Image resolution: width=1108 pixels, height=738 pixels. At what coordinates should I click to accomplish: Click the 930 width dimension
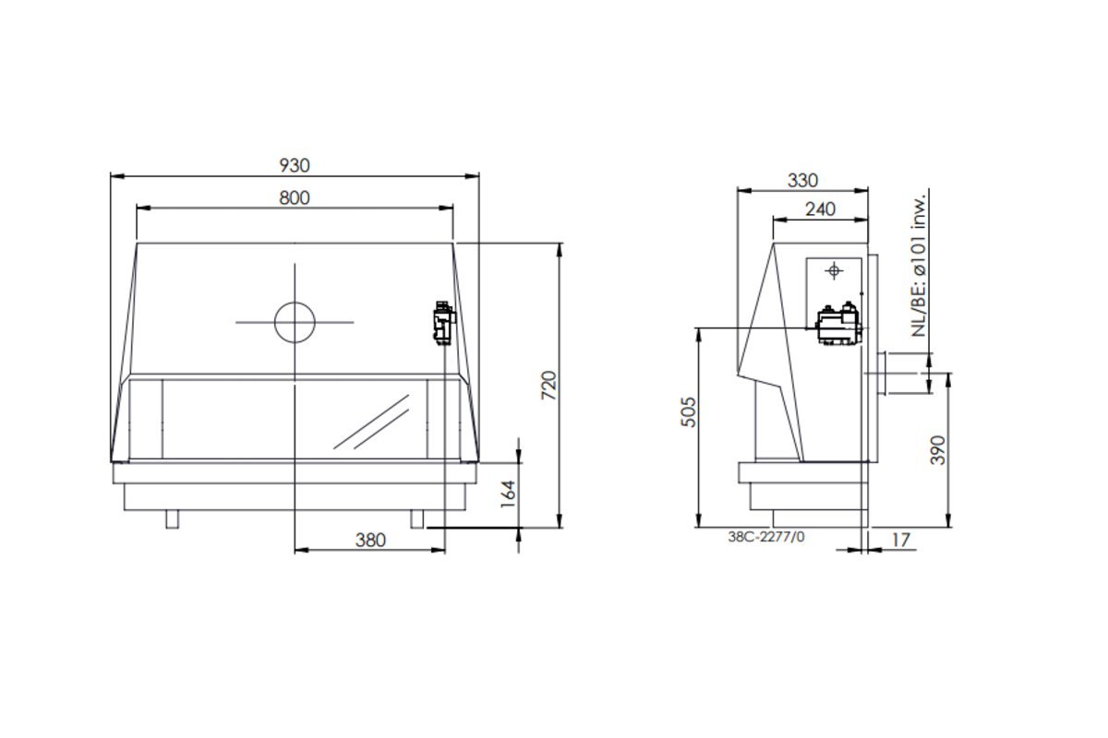[295, 166]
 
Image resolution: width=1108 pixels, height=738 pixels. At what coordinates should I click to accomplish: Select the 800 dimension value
[295, 198]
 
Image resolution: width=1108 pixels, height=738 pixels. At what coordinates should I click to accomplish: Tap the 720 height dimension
[549, 385]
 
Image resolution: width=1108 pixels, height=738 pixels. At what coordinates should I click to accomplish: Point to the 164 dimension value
[508, 494]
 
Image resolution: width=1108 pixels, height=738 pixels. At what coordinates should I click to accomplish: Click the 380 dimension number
[370, 540]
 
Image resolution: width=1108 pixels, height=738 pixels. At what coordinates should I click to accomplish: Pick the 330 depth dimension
[802, 181]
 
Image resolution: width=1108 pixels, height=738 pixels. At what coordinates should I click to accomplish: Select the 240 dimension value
[820, 209]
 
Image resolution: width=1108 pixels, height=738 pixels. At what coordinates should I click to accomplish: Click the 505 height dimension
[689, 411]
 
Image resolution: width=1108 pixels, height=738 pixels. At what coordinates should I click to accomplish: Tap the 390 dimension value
[938, 450]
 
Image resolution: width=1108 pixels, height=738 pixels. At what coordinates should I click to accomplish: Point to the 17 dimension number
[900, 540]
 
